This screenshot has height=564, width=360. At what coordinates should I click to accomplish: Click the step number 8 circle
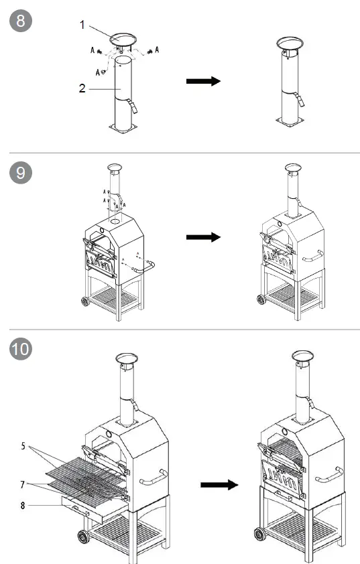21,21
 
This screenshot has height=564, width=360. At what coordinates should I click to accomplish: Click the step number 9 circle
21,173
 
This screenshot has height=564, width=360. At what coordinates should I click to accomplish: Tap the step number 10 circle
21,348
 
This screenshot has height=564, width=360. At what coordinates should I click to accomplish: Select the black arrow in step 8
203,81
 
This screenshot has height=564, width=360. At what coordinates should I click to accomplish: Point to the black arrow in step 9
203,237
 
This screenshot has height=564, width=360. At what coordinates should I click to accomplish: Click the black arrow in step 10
219,485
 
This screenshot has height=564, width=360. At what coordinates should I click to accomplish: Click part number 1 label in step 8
82,25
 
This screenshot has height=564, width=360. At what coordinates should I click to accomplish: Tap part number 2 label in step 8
82,88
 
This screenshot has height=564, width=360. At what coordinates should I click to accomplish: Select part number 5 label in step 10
23,446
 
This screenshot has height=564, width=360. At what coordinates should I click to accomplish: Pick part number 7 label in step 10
23,485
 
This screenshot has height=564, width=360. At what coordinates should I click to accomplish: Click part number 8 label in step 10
23,505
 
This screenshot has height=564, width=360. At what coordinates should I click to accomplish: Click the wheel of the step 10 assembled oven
259,534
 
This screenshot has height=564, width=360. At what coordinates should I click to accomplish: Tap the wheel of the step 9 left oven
85,301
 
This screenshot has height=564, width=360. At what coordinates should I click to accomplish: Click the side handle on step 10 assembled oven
330,475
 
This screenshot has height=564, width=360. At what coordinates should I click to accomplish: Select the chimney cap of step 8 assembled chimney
290,44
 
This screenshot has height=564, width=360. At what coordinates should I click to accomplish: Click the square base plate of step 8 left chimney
123,128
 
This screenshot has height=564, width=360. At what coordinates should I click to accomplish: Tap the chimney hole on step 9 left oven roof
115,221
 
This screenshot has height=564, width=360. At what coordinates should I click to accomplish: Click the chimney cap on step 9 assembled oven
293,167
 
